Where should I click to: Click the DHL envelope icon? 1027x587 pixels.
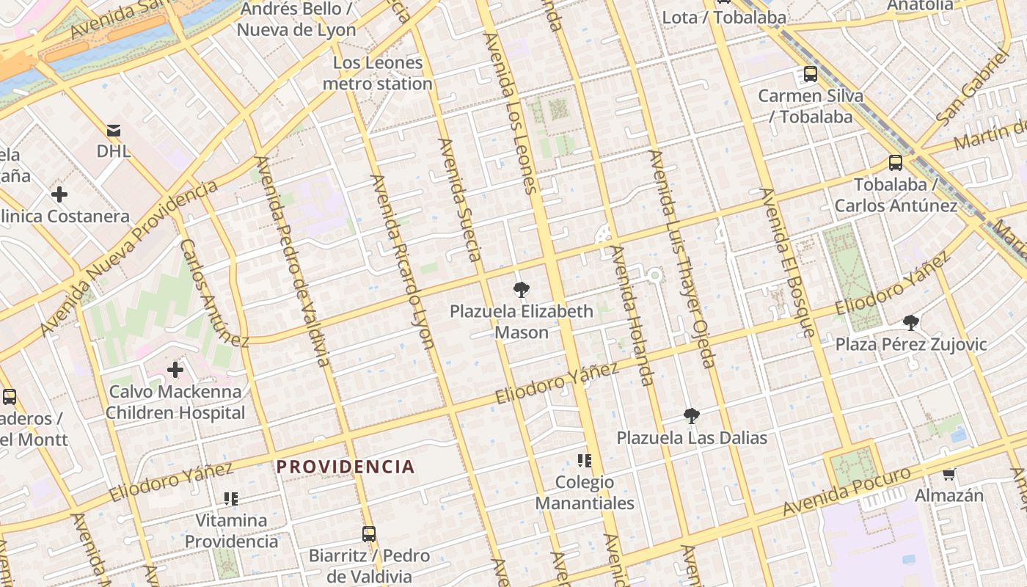pos(114,131)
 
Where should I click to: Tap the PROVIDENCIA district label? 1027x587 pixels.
pos(346,467)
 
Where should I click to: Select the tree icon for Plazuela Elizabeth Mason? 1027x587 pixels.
pos(522,289)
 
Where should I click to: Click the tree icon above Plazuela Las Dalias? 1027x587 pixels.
pos(691,416)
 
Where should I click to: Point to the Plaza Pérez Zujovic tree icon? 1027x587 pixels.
pos(911,322)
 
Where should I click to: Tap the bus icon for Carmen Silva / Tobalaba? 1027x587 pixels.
pos(811,74)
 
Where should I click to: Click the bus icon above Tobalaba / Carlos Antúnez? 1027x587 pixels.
pos(896,163)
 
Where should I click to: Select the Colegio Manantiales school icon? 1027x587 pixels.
pos(584,461)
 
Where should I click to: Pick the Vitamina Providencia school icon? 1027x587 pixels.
pos(231,499)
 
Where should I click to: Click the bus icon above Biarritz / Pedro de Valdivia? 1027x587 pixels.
pos(369,533)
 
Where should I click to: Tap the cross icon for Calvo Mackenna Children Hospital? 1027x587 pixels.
pos(175,369)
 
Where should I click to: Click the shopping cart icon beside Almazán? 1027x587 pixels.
pos(949,474)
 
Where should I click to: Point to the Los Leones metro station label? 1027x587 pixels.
pos(378,73)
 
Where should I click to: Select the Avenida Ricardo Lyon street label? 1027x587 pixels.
pos(403,260)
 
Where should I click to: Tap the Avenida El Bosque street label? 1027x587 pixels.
pos(788,262)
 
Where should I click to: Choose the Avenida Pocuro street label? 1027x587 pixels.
pos(847,491)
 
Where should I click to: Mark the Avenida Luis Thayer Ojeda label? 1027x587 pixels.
pos(681,258)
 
